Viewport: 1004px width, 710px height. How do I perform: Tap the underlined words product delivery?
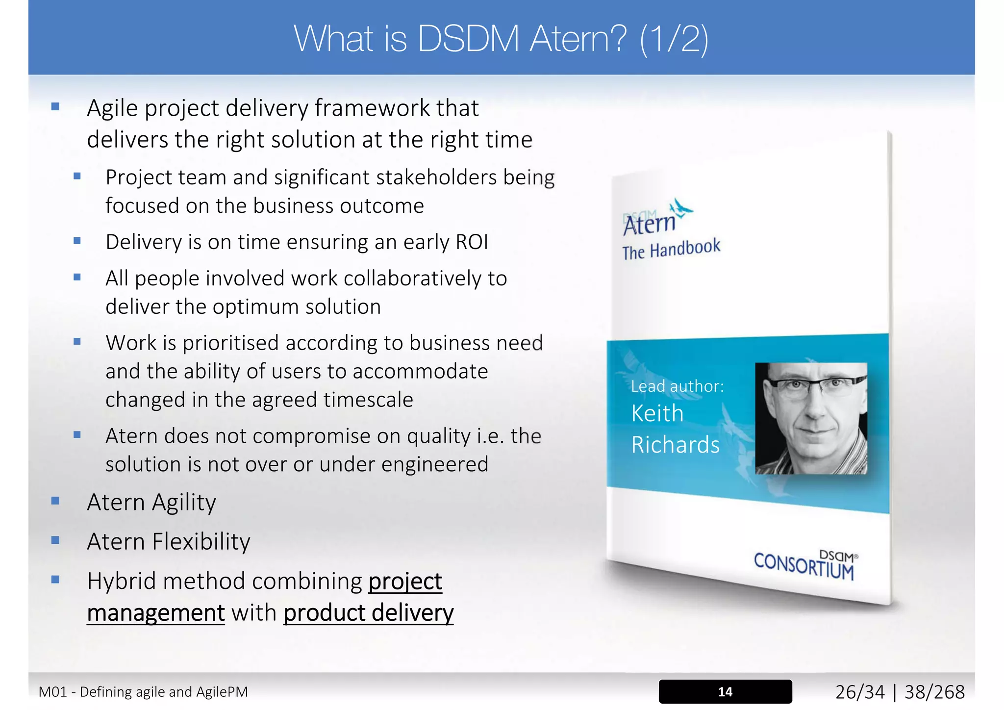(x=368, y=613)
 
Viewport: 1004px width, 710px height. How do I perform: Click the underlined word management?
(x=156, y=613)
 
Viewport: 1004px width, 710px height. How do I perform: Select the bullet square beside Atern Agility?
(x=55, y=501)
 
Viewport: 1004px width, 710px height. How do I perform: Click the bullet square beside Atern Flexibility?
(x=55, y=540)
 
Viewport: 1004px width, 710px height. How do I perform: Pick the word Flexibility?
(x=201, y=542)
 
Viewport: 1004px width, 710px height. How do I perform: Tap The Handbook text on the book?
(x=671, y=249)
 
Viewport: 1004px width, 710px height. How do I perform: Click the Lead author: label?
(x=677, y=386)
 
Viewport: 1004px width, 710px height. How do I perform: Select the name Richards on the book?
(x=675, y=445)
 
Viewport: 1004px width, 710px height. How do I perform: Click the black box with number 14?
(x=725, y=691)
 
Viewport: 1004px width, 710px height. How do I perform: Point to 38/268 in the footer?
(x=934, y=692)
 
